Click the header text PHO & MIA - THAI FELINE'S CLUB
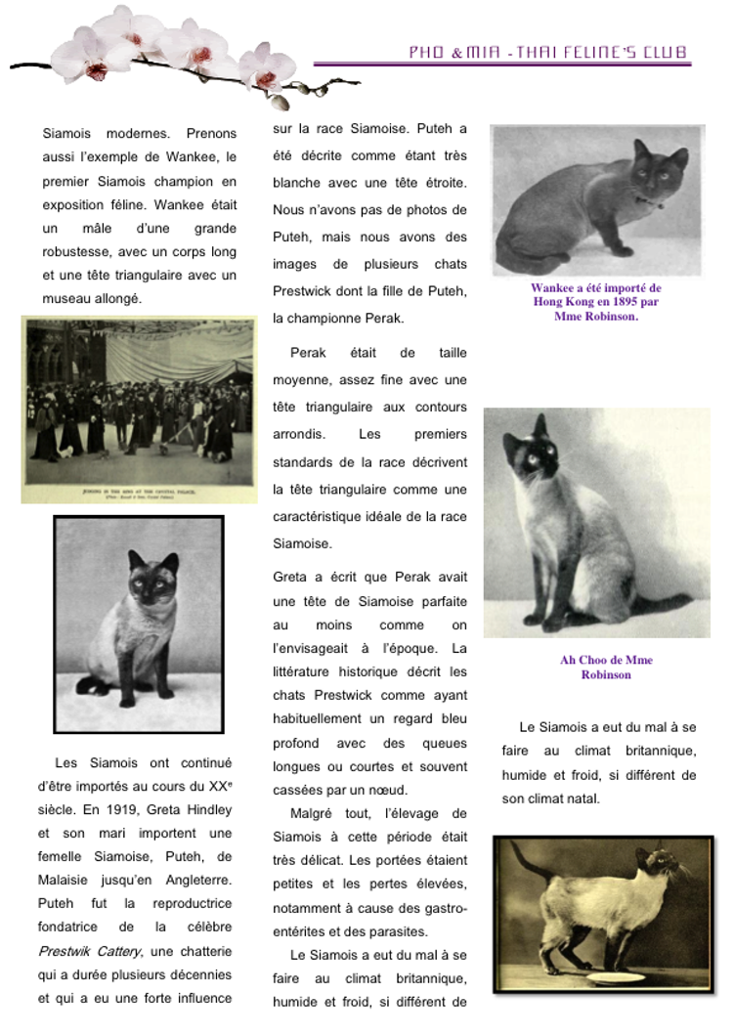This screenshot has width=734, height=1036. point(547,53)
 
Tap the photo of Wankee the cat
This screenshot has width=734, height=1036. point(597,199)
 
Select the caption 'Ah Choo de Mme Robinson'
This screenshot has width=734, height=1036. point(606,668)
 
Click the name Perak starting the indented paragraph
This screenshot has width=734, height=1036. point(309,353)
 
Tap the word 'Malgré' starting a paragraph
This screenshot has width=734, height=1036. point(310,814)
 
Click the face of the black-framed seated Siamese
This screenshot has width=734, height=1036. point(151,582)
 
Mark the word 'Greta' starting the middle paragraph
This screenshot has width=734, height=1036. point(292,578)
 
